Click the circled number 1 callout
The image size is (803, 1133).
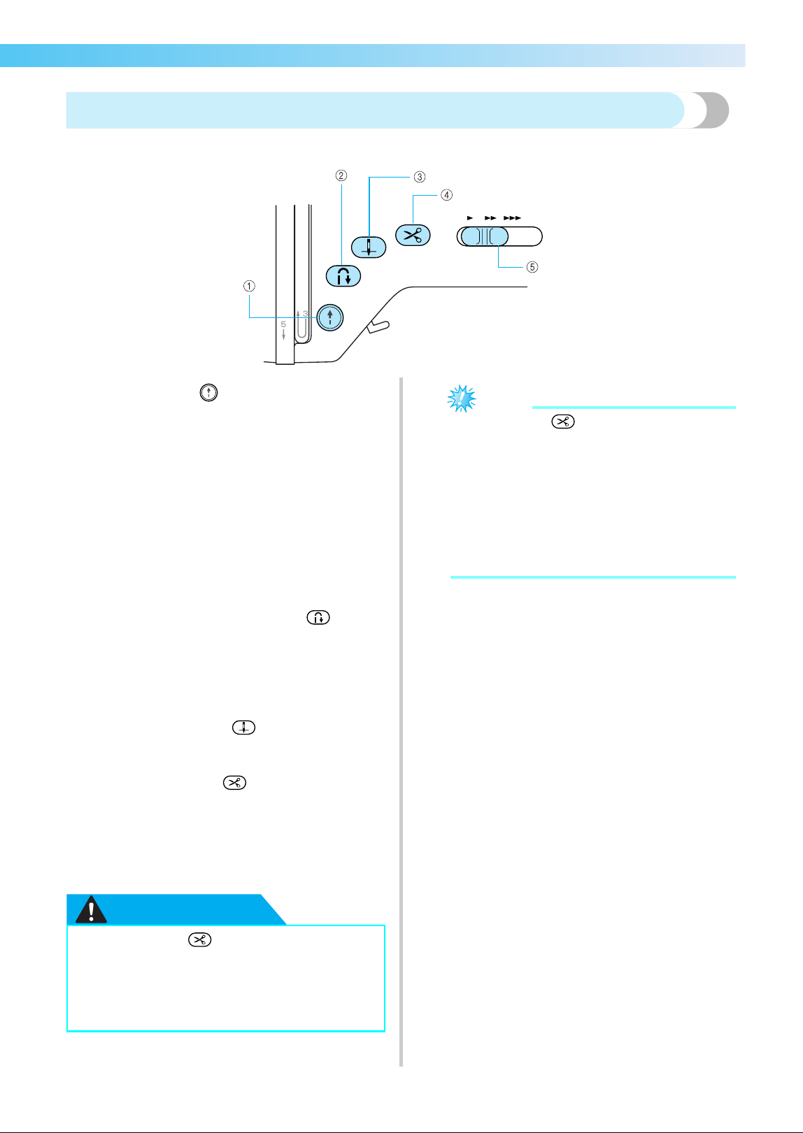tap(249, 287)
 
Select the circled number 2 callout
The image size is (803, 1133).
tap(341, 175)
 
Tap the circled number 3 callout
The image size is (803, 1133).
tap(419, 177)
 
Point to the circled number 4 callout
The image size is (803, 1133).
tap(446, 195)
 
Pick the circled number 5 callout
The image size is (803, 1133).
tap(532, 267)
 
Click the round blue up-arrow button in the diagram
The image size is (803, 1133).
tap(330, 317)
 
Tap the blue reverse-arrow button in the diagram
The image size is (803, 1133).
tap(343, 276)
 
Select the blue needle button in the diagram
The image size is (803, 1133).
tap(369, 247)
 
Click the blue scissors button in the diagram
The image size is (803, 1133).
tap(413, 236)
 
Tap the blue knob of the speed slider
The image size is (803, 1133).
tap(485, 236)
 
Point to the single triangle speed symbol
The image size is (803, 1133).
tap(470, 218)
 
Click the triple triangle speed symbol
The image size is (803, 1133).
tap(512, 218)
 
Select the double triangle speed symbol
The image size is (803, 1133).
tap(490, 218)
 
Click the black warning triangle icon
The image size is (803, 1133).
tap(91, 909)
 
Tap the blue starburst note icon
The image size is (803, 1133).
tap(461, 398)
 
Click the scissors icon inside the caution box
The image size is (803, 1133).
tap(199, 940)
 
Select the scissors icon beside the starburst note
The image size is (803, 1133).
tap(563, 422)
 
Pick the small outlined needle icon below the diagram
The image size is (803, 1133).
tap(243, 728)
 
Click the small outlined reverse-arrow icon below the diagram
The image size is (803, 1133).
tap(318, 618)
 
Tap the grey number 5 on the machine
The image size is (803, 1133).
tap(283, 324)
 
